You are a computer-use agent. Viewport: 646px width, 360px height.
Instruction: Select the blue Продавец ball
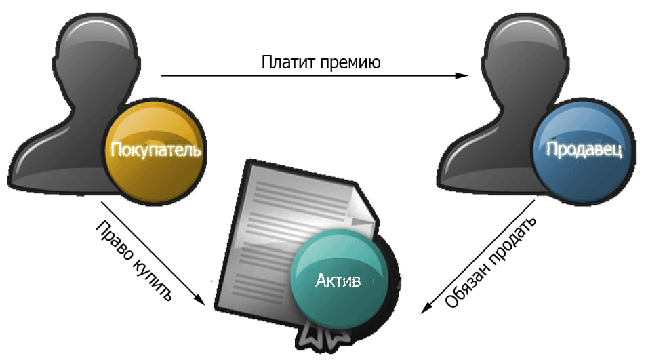coord(584,151)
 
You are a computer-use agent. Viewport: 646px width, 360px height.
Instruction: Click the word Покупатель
coord(156,149)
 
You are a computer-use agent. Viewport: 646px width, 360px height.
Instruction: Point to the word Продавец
coord(584,149)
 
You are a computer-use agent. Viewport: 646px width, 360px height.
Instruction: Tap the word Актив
coord(338,281)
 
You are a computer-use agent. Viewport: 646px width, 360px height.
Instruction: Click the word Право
coord(114,241)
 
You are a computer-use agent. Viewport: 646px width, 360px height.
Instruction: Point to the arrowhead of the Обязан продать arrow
coord(426,308)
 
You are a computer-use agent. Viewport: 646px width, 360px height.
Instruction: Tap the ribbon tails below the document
coord(321,340)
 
